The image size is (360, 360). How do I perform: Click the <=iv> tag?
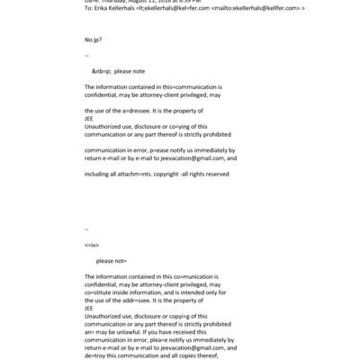tap(91, 245)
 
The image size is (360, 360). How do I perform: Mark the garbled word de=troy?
tap(96, 354)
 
